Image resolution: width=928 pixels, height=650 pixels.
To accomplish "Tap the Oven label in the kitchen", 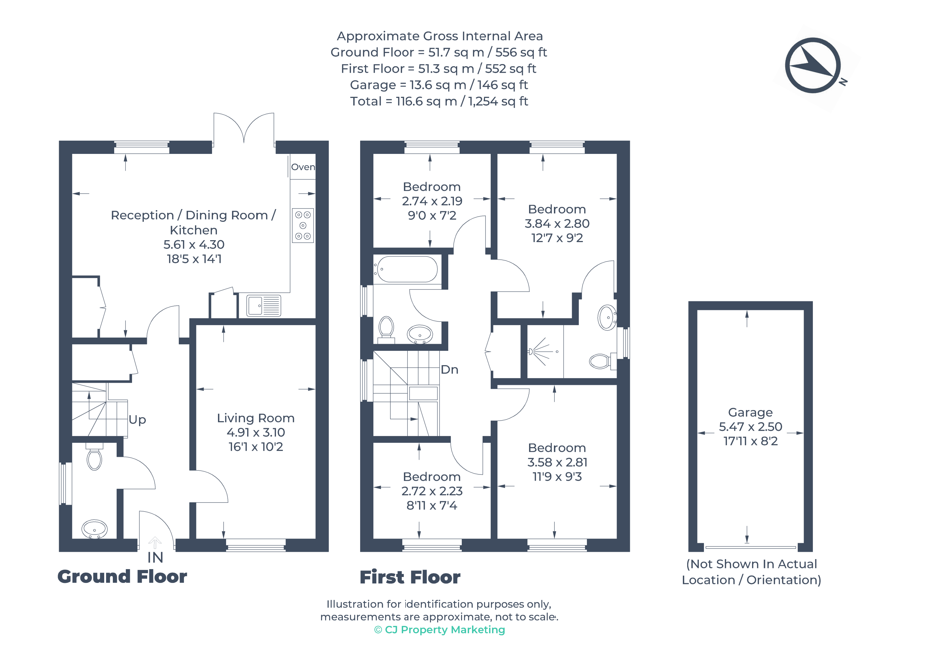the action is coord(303,167).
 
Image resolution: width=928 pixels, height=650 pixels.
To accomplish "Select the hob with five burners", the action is coord(303,225).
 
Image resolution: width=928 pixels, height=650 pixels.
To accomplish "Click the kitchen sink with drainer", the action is coord(264,306).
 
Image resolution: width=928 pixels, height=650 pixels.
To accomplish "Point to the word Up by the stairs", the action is coord(137,420).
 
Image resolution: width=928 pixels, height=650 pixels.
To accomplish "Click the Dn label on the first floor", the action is coord(449,370).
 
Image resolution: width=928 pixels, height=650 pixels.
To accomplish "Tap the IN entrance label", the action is coord(155,557).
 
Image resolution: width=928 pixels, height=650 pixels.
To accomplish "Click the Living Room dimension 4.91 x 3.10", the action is coord(256,432).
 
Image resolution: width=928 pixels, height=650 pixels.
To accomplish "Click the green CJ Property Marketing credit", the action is coord(439,630).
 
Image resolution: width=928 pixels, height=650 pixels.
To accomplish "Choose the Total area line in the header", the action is coord(439,101).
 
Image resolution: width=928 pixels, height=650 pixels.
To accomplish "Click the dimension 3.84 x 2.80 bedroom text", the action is coord(557,224).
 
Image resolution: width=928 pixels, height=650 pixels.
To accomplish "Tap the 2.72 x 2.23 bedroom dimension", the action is coord(432,491).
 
